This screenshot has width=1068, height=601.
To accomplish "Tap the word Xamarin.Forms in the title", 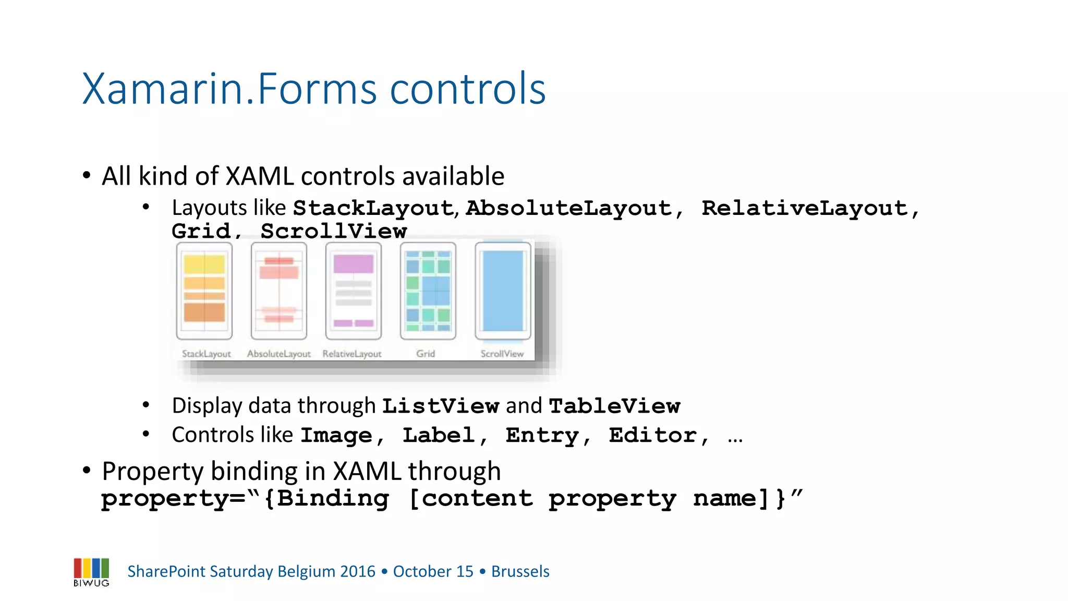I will point(229,89).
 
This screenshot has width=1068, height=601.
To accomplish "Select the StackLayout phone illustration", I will point(204,291).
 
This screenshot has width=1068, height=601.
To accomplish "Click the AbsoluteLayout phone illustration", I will point(279,291).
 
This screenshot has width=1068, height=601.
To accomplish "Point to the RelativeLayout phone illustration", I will point(354,291).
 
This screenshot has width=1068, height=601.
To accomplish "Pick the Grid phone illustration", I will point(428,291).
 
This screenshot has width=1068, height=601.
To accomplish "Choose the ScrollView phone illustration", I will point(503,291).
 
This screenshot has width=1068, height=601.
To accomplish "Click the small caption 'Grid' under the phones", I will point(426,354).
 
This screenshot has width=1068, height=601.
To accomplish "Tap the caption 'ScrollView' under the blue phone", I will point(502,354).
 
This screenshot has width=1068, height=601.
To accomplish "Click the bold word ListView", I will point(441,406).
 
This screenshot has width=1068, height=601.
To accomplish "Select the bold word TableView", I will point(614,406).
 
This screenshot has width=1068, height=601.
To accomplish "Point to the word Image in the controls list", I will point(336,435).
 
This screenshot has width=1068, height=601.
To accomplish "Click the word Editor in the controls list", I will point(652,435).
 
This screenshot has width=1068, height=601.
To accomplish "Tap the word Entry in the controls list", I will point(542,435).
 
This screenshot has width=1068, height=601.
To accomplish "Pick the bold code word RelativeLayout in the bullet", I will point(805,208).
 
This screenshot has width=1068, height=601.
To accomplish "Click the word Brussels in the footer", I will point(520,571).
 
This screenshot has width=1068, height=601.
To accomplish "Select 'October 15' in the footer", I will point(433,571).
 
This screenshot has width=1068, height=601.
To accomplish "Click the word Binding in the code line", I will point(333,498).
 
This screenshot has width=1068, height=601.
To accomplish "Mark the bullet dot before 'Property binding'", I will point(87,471).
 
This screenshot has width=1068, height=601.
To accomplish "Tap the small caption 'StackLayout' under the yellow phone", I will point(206,354).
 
